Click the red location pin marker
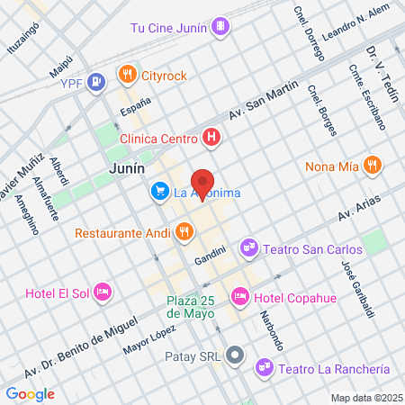pyautogui.click(x=204, y=183)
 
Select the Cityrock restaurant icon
pyautogui.click(x=128, y=76)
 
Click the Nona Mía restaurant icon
pyautogui.click(x=372, y=165)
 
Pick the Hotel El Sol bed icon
pyautogui.click(x=103, y=292)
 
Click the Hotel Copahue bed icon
pyautogui.click(x=240, y=296)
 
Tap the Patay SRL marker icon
pyautogui.click(x=234, y=355)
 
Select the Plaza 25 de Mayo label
pyautogui.click(x=195, y=306)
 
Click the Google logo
pyautogui.click(x=30, y=393)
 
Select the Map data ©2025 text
pyautogui.click(x=364, y=398)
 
